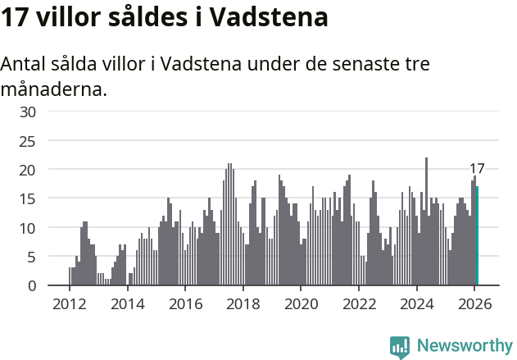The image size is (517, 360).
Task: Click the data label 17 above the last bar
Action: coord(477,169)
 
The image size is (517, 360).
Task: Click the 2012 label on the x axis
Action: coord(69,303)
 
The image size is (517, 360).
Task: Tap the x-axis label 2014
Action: coord(127,303)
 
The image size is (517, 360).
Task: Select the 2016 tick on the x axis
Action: coord(185,303)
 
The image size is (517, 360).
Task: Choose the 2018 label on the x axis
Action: coord(243,303)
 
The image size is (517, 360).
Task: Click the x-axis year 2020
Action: coord(301,303)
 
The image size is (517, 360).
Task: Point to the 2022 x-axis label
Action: coord(359,303)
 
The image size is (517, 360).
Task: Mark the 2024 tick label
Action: coord(417,303)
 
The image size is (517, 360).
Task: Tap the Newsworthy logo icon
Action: coord(400,347)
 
